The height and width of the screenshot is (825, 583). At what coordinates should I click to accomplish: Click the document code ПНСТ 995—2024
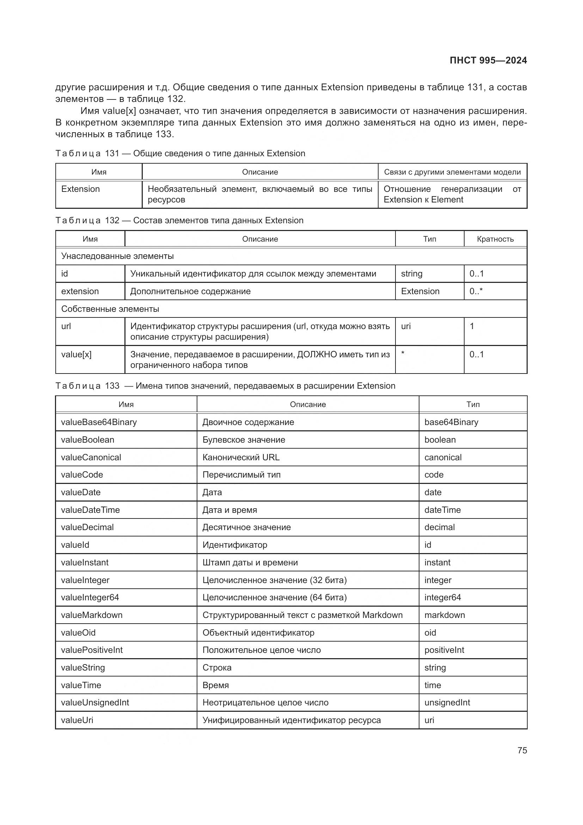click(488, 60)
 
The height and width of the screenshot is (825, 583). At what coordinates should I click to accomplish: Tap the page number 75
click(522, 750)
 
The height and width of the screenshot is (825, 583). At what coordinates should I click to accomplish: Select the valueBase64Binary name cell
click(99, 422)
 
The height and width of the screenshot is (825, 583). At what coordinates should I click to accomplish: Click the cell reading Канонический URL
click(241, 457)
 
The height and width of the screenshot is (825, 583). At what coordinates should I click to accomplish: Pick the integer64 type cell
click(442, 597)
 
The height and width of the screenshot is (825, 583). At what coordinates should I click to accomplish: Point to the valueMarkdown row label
click(92, 615)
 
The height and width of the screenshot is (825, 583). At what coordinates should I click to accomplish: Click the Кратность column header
click(495, 239)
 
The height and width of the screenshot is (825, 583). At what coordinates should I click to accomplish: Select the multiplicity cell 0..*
click(476, 291)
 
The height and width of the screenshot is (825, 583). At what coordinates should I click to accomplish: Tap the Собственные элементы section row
click(110, 309)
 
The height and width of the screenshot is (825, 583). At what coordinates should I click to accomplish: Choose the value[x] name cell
click(76, 354)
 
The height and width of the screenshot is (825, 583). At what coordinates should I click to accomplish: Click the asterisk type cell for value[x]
click(403, 354)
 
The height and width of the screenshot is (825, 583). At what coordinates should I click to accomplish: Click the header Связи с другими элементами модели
click(452, 172)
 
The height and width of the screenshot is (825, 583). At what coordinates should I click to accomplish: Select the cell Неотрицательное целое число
click(265, 703)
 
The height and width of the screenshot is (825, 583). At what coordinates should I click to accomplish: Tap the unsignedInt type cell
click(447, 703)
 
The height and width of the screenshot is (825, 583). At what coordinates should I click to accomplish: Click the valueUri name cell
click(77, 720)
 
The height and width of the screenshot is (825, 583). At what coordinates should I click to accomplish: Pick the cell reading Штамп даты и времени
click(250, 563)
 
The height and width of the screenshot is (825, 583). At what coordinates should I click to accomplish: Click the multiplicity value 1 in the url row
click(472, 326)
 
